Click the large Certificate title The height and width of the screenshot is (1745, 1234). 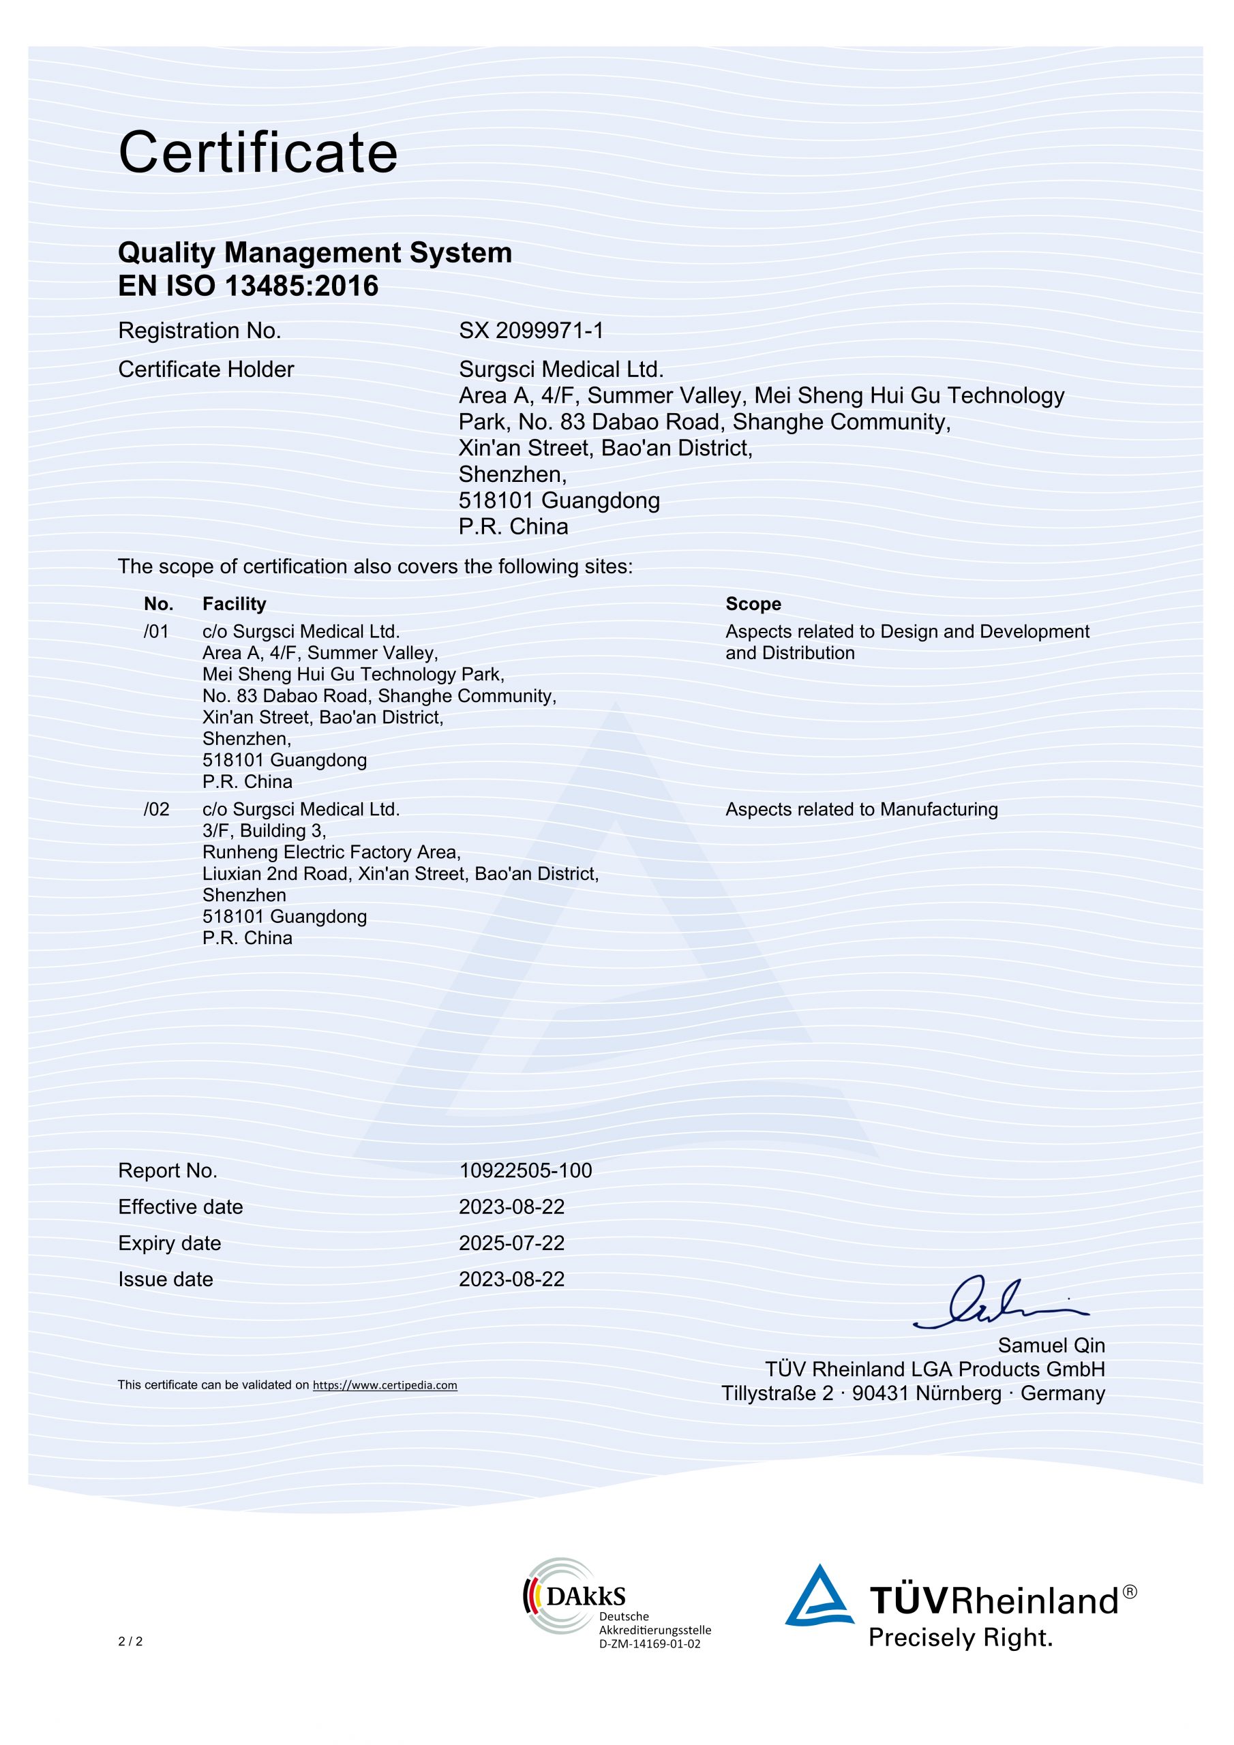(258, 153)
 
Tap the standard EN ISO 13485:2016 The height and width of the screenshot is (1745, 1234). (248, 286)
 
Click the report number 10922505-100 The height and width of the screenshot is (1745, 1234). (525, 1170)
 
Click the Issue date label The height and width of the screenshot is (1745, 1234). (165, 1279)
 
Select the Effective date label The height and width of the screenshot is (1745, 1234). (180, 1207)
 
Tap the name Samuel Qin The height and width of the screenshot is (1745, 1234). (1051, 1346)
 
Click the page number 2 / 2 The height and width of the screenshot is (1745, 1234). (130, 1641)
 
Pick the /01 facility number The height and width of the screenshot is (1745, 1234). (156, 632)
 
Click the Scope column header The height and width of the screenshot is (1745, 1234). (753, 603)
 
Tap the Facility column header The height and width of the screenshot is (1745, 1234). (234, 603)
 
